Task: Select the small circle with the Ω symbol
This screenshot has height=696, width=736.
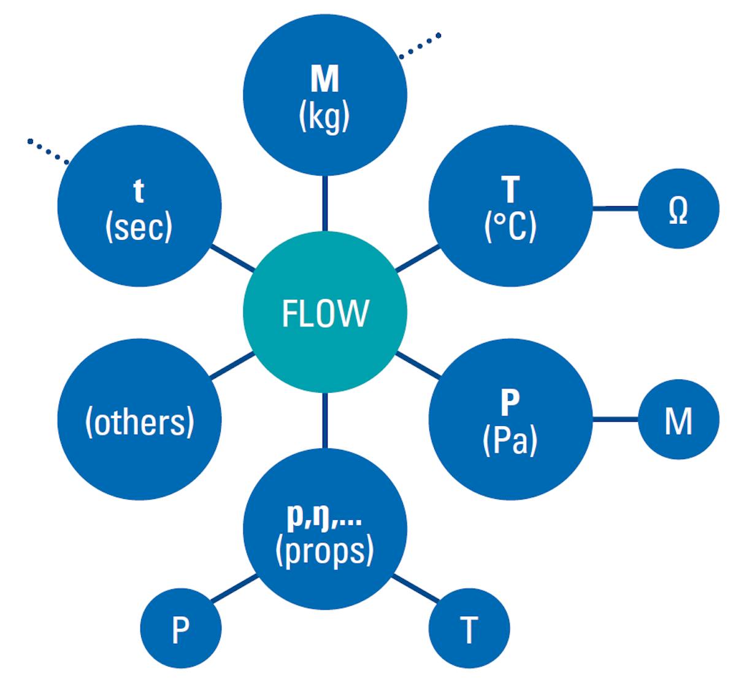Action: click(678, 209)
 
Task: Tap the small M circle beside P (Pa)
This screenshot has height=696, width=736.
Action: click(678, 420)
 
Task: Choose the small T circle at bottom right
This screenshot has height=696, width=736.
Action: click(469, 628)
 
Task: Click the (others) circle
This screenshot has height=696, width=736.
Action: click(139, 421)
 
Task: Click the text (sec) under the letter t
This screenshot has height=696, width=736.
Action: click(139, 227)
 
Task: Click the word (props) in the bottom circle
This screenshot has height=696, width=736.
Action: click(324, 551)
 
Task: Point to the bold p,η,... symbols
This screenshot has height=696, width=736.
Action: click(324, 517)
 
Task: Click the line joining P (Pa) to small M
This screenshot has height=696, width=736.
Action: click(615, 420)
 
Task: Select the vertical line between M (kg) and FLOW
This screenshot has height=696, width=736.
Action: click(324, 203)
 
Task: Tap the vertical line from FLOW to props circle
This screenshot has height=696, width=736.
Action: click(324, 420)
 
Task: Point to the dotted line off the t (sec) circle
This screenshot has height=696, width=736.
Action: click(48, 151)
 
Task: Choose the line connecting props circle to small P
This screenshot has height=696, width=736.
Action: click(234, 589)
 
